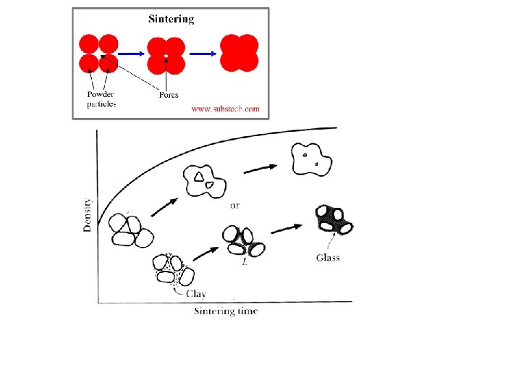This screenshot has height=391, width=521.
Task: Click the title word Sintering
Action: (171, 19)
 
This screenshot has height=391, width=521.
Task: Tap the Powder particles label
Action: (101, 99)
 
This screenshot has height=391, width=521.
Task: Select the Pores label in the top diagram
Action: (168, 95)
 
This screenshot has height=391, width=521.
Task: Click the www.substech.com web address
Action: (225, 109)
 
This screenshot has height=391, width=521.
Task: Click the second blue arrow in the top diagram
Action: (203, 53)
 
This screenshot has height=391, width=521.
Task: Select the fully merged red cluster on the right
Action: (240, 53)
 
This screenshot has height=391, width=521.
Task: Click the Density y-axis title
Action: (88, 214)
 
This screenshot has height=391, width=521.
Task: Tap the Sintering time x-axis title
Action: (225, 311)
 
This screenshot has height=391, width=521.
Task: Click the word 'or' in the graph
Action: (235, 206)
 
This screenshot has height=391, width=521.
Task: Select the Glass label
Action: (328, 258)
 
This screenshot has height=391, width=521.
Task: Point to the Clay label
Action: (196, 293)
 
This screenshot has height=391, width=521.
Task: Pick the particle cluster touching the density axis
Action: (131, 232)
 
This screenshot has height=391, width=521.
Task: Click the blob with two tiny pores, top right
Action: (312, 159)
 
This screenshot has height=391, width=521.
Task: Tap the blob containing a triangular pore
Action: (205, 182)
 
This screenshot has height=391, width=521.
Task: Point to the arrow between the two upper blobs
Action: (260, 168)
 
